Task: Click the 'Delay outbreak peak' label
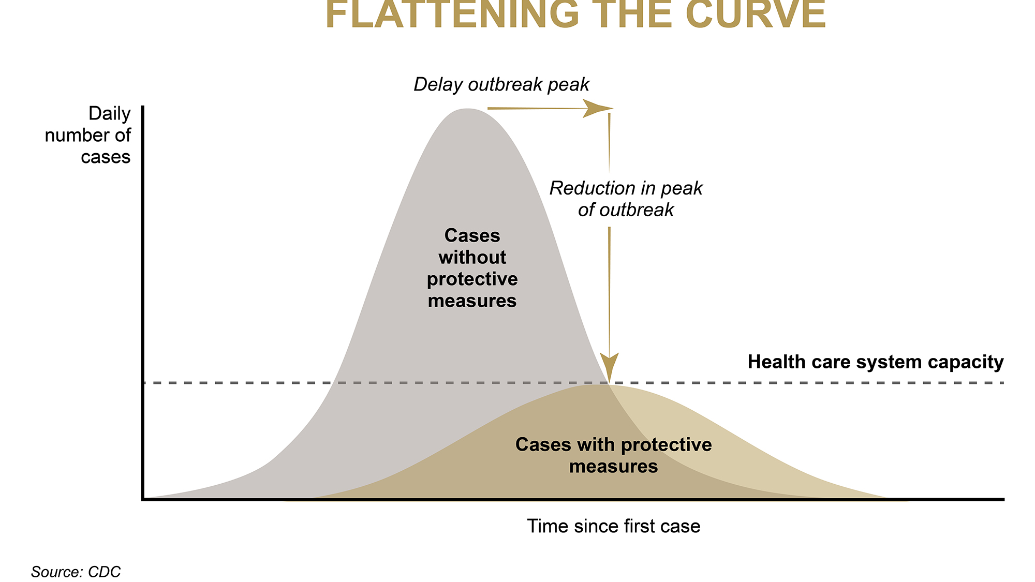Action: (501, 84)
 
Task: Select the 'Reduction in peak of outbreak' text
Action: (626, 199)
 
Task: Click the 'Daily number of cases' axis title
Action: (98, 135)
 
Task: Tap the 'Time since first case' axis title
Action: (613, 526)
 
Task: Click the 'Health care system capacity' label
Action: (876, 362)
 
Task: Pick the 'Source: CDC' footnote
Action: (76, 572)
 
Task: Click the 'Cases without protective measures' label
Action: (472, 268)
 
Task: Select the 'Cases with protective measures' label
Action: (613, 455)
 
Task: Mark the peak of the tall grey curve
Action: (467, 110)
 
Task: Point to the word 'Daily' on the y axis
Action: (110, 113)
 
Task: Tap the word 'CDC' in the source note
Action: (105, 572)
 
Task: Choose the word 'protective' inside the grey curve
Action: (472, 279)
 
